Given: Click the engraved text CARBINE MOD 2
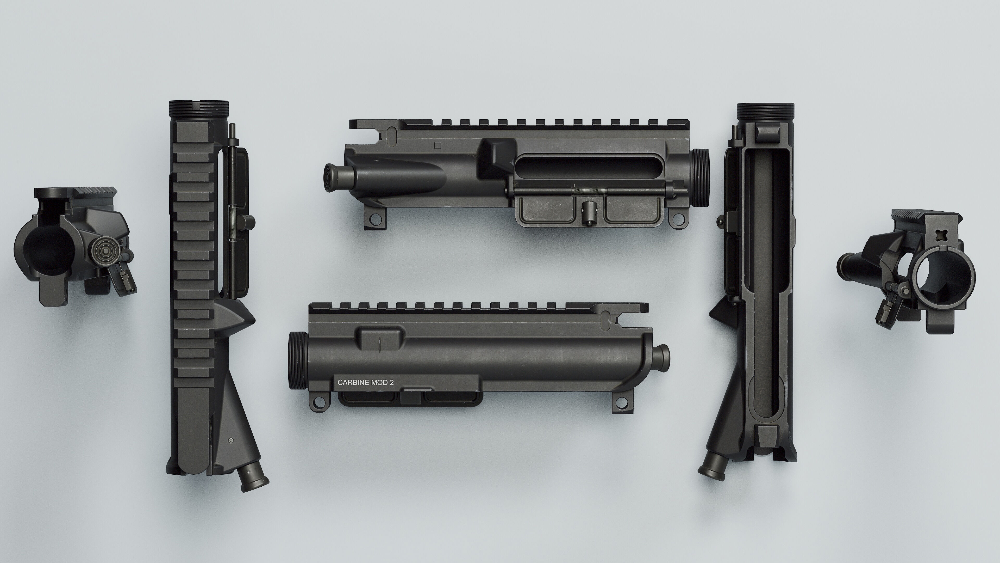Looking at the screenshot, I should coord(365,382).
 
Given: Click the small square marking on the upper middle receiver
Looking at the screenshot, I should coord(437,146).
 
